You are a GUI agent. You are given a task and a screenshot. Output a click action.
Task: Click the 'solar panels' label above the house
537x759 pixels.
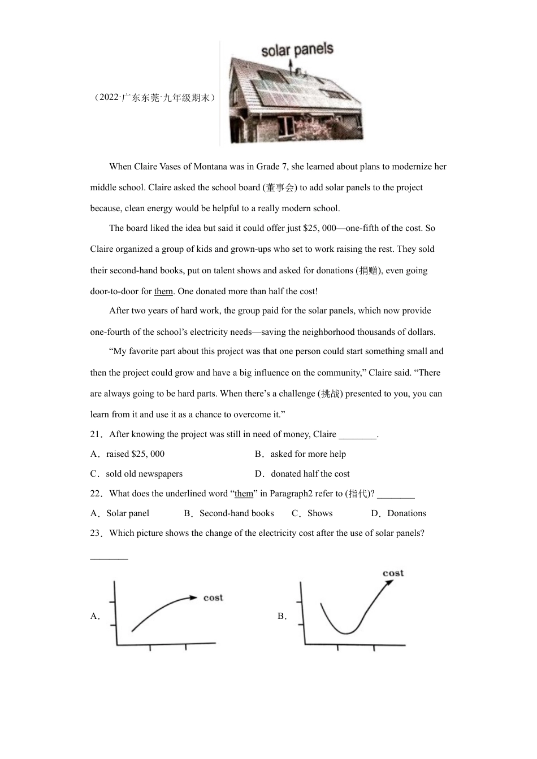pyautogui.click(x=297, y=50)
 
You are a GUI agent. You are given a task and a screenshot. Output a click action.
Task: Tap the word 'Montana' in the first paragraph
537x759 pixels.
pyautogui.click(x=211, y=167)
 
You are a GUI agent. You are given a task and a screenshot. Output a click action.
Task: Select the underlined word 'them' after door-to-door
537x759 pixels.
pyautogui.click(x=163, y=291)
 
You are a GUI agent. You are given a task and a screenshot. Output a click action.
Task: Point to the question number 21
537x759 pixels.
pyautogui.click(x=96, y=434)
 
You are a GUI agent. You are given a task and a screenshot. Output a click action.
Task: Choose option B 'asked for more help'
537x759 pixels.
pyautogui.click(x=308, y=454)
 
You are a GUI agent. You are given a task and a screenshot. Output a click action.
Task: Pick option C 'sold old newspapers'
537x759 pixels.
pyautogui.click(x=144, y=474)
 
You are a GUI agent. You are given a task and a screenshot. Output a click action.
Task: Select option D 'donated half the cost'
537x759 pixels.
pyautogui.click(x=310, y=474)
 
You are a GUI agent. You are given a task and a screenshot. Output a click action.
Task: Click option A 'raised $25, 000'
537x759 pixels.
pyautogui.click(x=135, y=454)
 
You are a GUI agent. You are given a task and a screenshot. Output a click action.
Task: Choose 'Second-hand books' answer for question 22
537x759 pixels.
pyautogui.click(x=236, y=513)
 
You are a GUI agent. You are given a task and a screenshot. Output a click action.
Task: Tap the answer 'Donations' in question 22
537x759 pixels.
pyautogui.click(x=406, y=513)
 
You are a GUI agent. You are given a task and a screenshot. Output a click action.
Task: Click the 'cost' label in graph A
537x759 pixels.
pyautogui.click(x=213, y=597)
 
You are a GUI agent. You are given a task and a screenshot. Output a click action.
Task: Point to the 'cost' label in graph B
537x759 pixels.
pyautogui.click(x=393, y=573)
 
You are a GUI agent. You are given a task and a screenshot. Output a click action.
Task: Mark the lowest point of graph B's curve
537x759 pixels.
pyautogui.click(x=346, y=633)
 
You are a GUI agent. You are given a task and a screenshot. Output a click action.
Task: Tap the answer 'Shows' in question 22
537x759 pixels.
pyautogui.click(x=320, y=513)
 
